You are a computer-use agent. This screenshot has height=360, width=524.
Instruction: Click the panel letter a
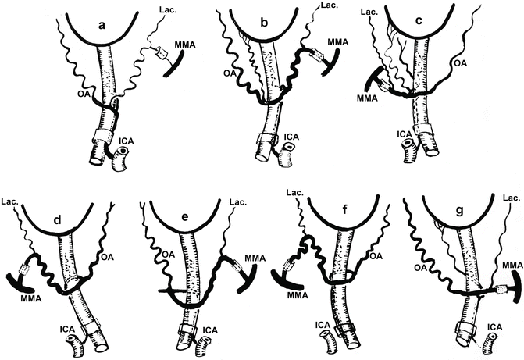coord(102,26)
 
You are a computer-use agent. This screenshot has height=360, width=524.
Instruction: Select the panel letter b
coord(264,23)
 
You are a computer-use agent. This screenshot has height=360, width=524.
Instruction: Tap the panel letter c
coord(419,21)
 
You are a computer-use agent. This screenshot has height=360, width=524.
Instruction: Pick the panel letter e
coord(185,217)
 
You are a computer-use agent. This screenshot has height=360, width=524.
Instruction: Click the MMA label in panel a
coord(185,45)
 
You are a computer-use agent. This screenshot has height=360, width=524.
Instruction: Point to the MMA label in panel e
coord(255,258)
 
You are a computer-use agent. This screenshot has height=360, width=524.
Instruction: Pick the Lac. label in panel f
coord(295,192)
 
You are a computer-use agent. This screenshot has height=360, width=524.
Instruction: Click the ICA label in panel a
coord(127,141)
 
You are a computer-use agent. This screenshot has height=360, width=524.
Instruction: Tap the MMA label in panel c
coord(367,98)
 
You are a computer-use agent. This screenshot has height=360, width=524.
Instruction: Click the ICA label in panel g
coord(494,327)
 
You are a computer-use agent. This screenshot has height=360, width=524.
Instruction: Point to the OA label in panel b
coord(228,73)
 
